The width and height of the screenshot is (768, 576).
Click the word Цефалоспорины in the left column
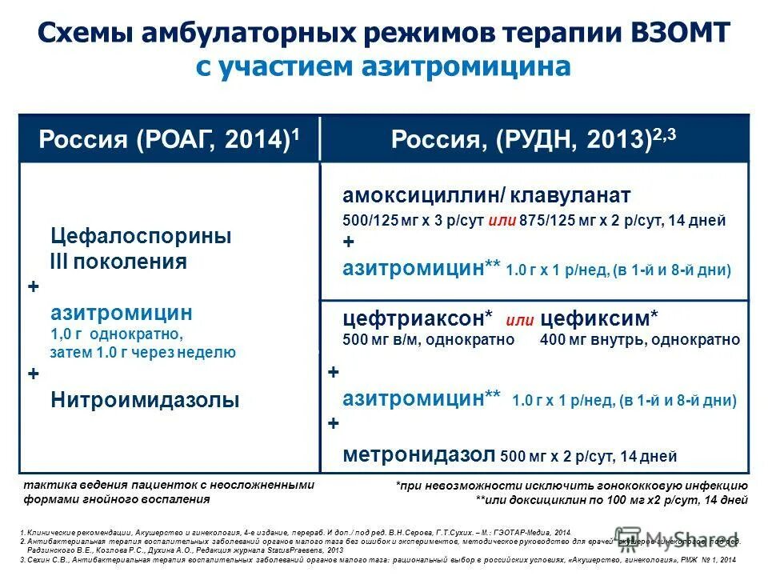click(142, 236)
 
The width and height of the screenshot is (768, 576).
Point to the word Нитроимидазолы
click(145, 400)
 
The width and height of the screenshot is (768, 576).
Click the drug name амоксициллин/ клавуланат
click(486, 196)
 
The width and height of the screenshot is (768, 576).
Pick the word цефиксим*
click(600, 318)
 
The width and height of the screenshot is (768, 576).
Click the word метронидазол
click(419, 454)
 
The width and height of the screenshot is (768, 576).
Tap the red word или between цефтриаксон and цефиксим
click(520, 321)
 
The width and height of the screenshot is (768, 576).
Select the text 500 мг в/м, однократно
click(428, 339)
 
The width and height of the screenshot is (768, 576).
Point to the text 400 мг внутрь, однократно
click(640, 339)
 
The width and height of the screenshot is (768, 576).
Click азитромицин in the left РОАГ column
click(122, 312)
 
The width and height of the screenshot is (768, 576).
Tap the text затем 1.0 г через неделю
click(142, 352)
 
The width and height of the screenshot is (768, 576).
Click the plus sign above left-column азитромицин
click(33, 286)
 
